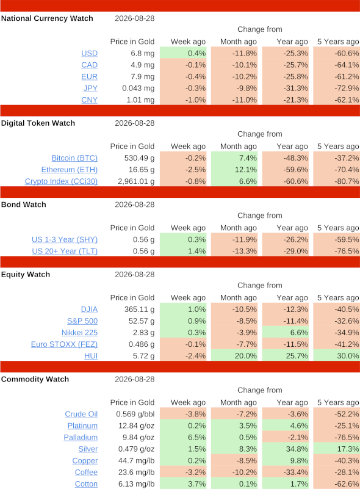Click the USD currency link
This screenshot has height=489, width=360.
click(x=90, y=53)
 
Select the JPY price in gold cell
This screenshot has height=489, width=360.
click(x=138, y=89)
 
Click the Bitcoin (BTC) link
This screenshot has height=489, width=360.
click(x=74, y=158)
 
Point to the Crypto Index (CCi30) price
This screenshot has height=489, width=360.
click(x=136, y=181)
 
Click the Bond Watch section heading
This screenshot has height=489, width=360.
click(x=24, y=205)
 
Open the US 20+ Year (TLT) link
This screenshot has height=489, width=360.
click(x=65, y=251)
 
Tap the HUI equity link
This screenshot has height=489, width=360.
click(x=91, y=356)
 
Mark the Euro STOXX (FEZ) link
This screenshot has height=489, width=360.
click(x=64, y=344)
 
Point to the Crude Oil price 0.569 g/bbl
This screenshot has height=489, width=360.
click(x=135, y=414)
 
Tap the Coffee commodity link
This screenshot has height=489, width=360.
click(x=86, y=473)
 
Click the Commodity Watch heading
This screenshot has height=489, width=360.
click(x=35, y=379)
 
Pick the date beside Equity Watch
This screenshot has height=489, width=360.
click(x=135, y=275)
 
